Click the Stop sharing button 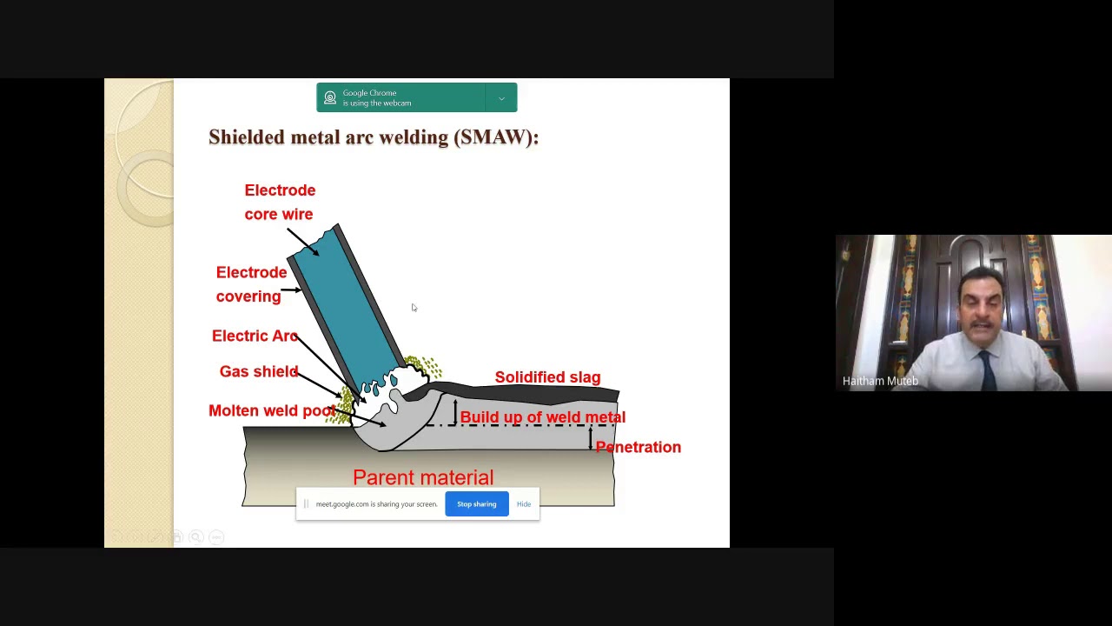click(x=476, y=504)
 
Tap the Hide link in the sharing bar click(x=524, y=504)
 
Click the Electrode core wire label click(x=280, y=202)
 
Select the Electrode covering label click(x=250, y=284)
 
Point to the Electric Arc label click(x=255, y=336)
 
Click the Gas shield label click(x=259, y=371)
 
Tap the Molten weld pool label click(x=271, y=410)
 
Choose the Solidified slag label click(x=547, y=377)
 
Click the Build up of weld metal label click(x=542, y=417)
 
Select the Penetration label click(x=639, y=447)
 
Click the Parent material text click(x=423, y=477)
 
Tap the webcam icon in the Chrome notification click(x=330, y=98)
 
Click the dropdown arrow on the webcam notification click(x=501, y=98)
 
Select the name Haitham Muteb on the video click(x=880, y=381)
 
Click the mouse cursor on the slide click(x=414, y=307)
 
